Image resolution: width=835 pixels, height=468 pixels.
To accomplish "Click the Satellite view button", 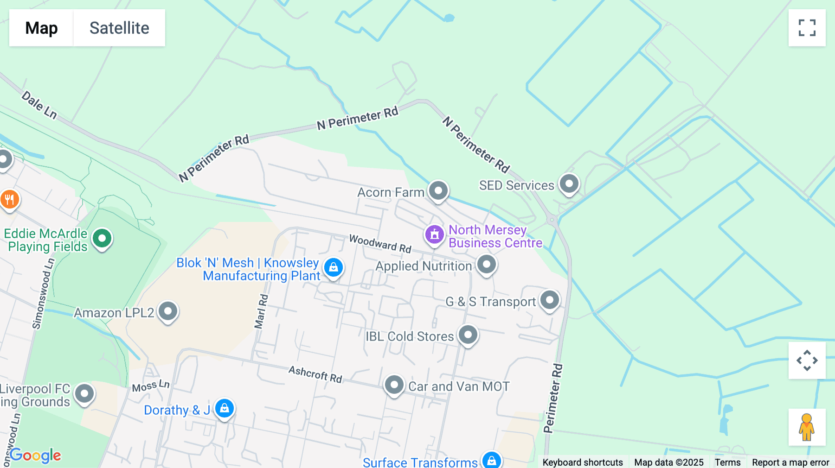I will [119, 28].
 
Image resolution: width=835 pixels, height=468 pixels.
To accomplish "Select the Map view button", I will [41, 28].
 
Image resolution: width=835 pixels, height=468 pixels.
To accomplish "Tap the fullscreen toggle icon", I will [807, 28].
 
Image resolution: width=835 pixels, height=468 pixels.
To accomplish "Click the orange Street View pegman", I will [807, 427].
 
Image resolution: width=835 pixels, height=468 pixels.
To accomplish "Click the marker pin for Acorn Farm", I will [438, 190].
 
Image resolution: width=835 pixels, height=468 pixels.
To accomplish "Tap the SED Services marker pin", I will [569, 184].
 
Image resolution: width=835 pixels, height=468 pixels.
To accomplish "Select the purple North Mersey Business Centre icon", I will [435, 235].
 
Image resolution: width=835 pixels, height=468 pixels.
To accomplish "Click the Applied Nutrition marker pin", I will [486, 265].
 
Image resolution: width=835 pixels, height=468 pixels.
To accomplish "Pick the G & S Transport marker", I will [550, 300].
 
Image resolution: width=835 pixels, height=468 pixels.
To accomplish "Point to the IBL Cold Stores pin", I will [468, 335].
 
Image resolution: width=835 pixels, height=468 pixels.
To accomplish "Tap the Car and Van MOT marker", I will [394, 385].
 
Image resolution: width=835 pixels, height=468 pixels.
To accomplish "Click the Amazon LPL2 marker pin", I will [168, 311].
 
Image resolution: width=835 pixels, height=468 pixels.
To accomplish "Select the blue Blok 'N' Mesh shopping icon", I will [333, 267].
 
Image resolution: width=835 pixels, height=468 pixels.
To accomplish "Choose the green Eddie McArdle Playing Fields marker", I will [102, 239].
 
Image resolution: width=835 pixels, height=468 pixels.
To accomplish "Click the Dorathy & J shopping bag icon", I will [225, 409].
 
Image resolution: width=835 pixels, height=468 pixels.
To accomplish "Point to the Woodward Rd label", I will [380, 243].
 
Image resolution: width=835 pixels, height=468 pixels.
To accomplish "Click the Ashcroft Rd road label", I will [315, 374].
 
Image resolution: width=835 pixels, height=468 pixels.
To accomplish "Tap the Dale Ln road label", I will [39, 105].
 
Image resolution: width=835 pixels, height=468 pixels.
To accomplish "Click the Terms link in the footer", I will [727, 462].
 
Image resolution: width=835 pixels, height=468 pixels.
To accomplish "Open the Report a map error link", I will [790, 462].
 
